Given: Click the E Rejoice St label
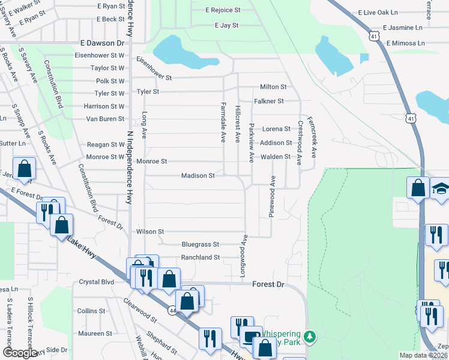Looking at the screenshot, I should tap(223, 10).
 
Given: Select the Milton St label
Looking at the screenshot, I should tap(273, 87).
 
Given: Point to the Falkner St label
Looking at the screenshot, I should tap(269, 101).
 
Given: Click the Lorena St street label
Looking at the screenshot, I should tap(276, 129).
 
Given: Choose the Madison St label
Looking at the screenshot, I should tap(198, 176).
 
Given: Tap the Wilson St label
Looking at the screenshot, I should tap(150, 231).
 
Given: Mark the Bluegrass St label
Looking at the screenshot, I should tap(200, 245).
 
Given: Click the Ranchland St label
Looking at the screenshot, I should tap(200, 257).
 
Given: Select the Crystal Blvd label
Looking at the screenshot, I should tap(96, 282).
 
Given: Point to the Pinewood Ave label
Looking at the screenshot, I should tap(272, 197).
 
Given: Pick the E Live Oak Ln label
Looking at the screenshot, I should tap(378, 12).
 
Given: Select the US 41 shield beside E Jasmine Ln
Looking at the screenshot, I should tap(375, 36).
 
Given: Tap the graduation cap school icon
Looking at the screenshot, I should tap(441, 189).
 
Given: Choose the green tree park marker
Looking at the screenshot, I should tap(310, 336).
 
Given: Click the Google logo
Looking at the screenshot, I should tap(20, 353).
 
